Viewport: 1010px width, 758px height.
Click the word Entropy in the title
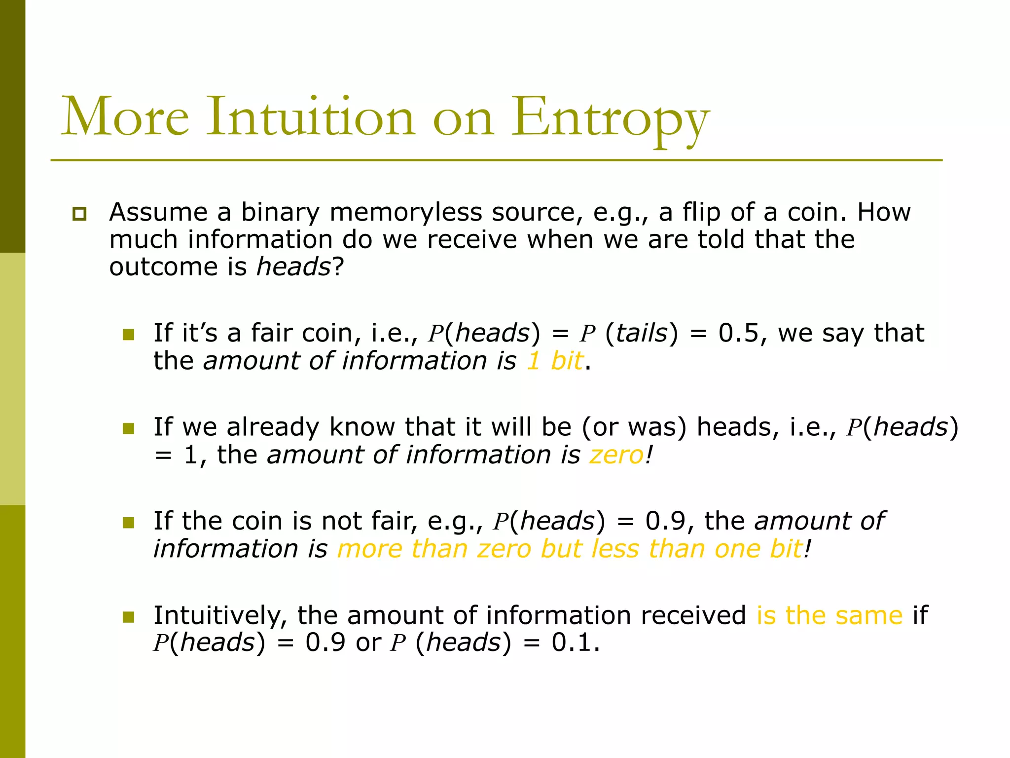[x=610, y=117]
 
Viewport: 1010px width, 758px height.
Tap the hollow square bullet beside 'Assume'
[x=79, y=214]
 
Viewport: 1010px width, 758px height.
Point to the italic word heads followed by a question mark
[x=293, y=267]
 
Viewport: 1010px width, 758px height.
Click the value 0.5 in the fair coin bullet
[x=738, y=333]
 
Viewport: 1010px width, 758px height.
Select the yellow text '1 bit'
[x=555, y=361]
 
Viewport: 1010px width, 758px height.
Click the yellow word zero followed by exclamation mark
[x=616, y=455]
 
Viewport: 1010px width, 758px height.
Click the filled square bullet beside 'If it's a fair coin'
[x=128, y=335]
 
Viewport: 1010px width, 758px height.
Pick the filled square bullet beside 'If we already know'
[x=128, y=428]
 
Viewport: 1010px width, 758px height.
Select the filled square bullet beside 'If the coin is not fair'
[x=128, y=523]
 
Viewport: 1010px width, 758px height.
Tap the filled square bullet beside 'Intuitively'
[x=128, y=617]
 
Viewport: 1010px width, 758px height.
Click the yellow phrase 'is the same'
[x=830, y=615]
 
